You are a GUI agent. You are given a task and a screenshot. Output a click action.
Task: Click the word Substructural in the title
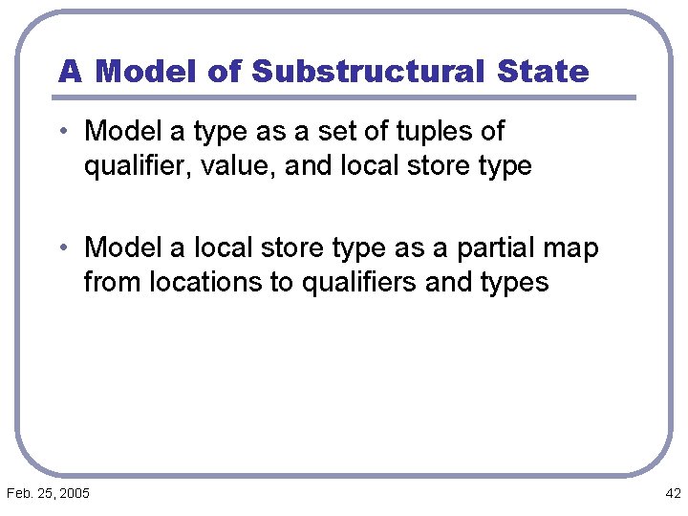click(367, 71)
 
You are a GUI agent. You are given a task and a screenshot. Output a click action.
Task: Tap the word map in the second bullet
click(572, 248)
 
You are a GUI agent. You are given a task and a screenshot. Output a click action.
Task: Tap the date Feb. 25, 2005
click(48, 493)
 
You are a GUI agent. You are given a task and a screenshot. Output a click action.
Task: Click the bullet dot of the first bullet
click(63, 130)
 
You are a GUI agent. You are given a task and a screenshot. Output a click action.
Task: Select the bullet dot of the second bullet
click(63, 247)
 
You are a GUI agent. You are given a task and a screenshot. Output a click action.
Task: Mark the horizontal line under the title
click(344, 97)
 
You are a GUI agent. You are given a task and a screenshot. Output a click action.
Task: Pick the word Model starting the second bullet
click(122, 248)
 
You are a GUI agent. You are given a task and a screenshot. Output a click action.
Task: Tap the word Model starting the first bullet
click(122, 131)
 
